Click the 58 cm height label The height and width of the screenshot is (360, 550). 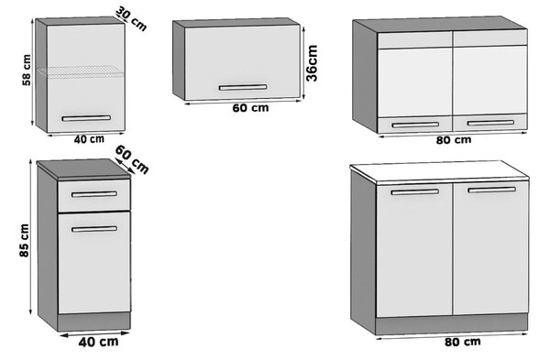(x=27, y=70)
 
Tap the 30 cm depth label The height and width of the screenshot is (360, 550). (x=131, y=18)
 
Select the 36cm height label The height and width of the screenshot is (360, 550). (x=312, y=63)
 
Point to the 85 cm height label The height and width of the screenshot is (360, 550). (x=24, y=241)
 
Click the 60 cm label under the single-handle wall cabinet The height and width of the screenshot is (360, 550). (x=250, y=108)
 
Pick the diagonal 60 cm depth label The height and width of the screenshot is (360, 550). (x=132, y=159)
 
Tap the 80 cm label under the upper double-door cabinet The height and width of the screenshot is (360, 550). (x=454, y=140)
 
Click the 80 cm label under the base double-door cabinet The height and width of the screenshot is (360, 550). (x=463, y=342)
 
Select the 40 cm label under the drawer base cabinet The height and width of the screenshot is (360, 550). (x=98, y=342)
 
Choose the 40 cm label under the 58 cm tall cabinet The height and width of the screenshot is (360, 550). (x=89, y=139)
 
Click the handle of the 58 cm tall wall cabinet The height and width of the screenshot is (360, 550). (x=86, y=118)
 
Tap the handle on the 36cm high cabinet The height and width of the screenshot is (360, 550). (x=243, y=87)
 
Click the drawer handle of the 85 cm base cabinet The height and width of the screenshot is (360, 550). (x=94, y=194)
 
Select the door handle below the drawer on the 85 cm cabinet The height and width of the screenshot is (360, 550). (x=94, y=229)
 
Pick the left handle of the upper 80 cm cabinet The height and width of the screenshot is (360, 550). (x=415, y=125)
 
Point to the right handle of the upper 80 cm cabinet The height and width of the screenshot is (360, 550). (x=490, y=123)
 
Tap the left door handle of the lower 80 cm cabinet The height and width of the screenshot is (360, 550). (x=415, y=191)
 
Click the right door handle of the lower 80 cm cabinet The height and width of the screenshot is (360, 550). (x=491, y=190)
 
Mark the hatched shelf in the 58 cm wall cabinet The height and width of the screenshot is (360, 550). (x=82, y=71)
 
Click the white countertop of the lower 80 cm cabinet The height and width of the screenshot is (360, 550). (x=439, y=172)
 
